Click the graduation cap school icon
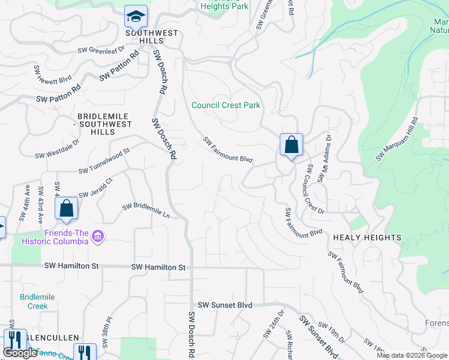(x=136, y=16)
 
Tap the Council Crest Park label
(x=226, y=105)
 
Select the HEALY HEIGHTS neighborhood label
(x=367, y=238)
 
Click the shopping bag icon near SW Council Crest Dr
(x=291, y=145)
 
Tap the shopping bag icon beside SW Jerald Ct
(x=67, y=208)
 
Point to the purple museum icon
(x=98, y=238)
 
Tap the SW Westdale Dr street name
(x=57, y=150)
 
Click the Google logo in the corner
(x=20, y=353)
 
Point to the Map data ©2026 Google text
(x=412, y=355)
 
